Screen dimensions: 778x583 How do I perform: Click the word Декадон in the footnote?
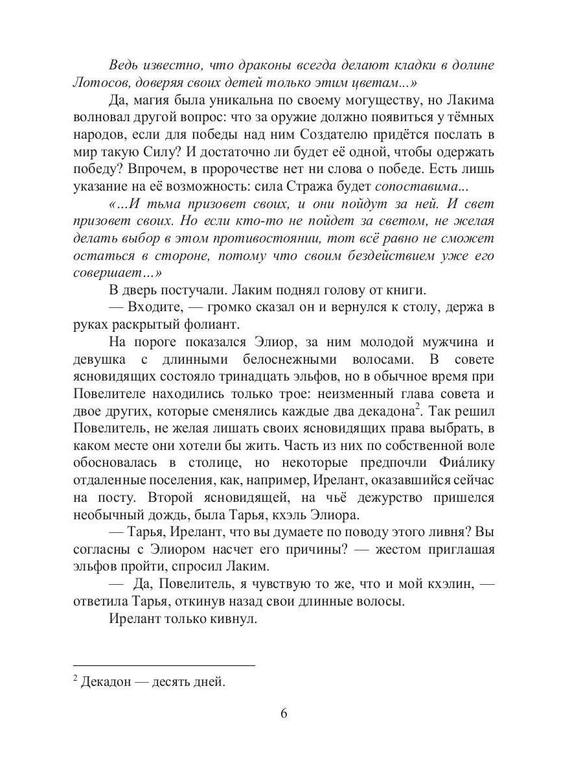[106, 682]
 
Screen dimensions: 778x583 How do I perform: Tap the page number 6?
[284, 714]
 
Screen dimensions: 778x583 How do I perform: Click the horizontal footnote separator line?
[165, 665]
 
